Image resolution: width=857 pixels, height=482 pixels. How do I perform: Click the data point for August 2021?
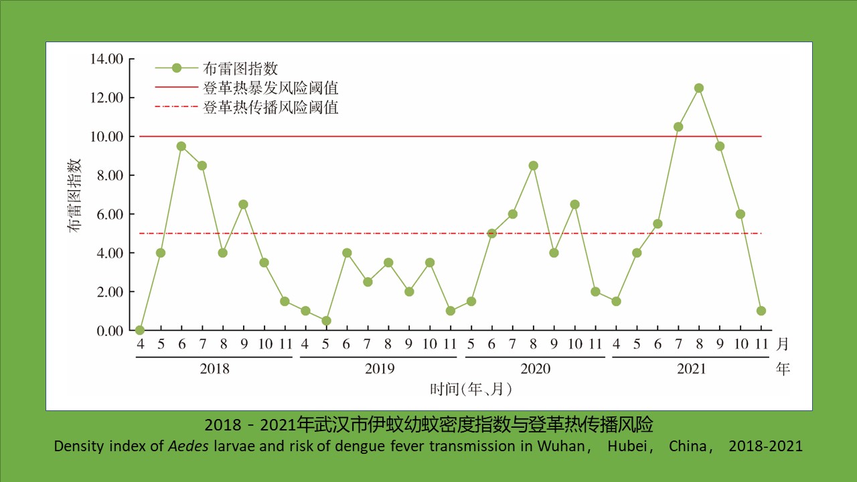pyautogui.click(x=699, y=88)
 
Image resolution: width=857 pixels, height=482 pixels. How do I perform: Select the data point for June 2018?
pyautogui.click(x=181, y=146)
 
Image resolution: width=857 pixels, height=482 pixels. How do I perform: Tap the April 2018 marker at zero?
pyautogui.click(x=140, y=330)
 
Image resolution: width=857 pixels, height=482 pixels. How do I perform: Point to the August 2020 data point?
pyautogui.click(x=534, y=165)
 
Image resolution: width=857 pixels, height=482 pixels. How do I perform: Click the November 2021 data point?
pyautogui.click(x=761, y=311)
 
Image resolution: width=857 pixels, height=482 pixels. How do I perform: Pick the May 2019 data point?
pyautogui.click(x=325, y=321)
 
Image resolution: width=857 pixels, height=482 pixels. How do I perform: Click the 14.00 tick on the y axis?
pyautogui.click(x=106, y=59)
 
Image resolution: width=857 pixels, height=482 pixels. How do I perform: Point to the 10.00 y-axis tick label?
pyautogui.click(x=106, y=137)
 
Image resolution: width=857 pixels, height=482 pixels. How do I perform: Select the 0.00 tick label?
pyautogui.click(x=110, y=331)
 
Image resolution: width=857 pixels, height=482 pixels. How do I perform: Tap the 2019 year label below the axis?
pyautogui.click(x=380, y=369)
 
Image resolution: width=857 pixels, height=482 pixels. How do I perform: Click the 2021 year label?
pyautogui.click(x=691, y=369)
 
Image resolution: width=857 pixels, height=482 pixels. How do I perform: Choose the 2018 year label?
pyautogui.click(x=214, y=369)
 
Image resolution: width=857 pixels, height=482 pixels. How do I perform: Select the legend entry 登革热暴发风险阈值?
pyautogui.click(x=270, y=88)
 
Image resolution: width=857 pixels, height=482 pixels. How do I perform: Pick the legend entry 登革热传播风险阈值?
pyautogui.click(x=270, y=107)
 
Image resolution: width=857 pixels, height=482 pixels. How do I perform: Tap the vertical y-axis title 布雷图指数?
pyautogui.click(x=74, y=194)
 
